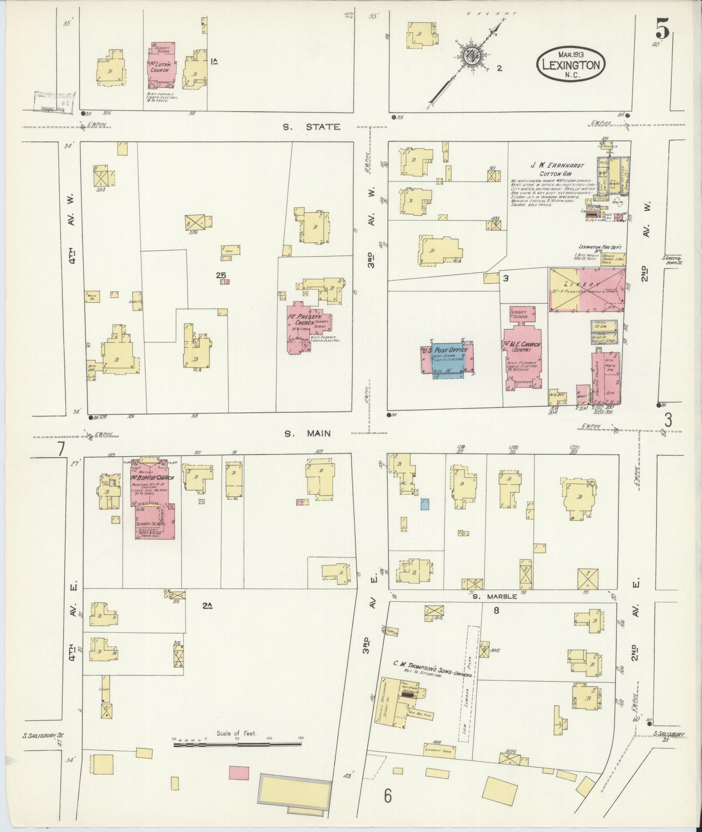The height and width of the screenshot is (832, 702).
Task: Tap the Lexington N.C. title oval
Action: tap(570, 63)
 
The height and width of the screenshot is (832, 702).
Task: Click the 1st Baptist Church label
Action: tap(152, 478)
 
